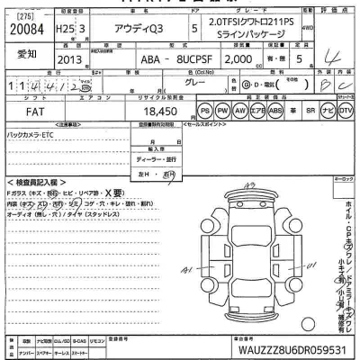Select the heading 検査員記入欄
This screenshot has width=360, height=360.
click(34, 182)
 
